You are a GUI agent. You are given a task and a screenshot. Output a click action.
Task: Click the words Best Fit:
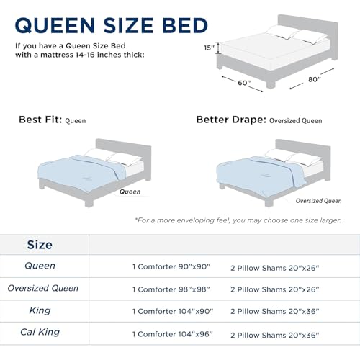tap(40, 120)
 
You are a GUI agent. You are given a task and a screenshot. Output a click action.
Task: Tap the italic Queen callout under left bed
tap(130, 192)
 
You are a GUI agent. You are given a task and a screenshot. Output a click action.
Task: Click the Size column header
tap(40, 244)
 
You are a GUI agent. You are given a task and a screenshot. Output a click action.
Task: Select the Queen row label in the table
tap(40, 266)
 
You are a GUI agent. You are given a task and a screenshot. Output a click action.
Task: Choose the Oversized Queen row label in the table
tap(43, 288)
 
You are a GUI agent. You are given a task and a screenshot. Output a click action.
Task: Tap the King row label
tap(40, 310)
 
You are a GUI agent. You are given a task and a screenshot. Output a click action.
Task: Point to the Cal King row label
tap(40, 333)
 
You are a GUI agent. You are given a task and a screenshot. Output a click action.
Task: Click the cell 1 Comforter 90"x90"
tap(171, 266)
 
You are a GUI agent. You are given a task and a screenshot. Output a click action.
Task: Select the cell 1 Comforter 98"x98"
tap(171, 289)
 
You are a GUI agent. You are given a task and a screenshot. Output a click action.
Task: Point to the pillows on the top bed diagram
tap(295, 34)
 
